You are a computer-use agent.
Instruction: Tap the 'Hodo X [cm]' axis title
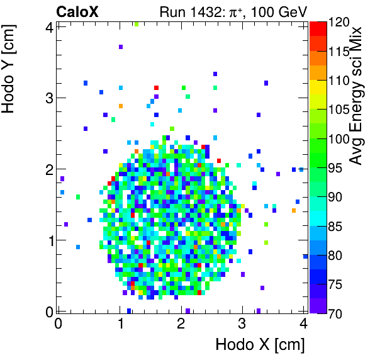coord(259,345)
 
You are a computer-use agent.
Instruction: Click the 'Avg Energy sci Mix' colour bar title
coord(356,94)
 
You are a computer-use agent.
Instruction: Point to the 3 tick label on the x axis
coord(242,323)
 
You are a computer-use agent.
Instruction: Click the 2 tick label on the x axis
coord(181,323)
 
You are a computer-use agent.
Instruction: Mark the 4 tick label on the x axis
coord(304,323)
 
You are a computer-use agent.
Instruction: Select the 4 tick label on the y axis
coord(48,26)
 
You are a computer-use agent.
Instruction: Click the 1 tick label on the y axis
coord(48,240)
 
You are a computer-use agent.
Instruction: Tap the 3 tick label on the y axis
coord(48,98)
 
